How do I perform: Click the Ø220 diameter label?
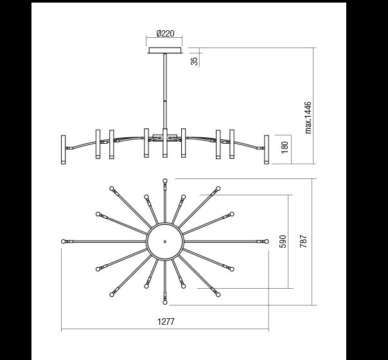pyautogui.click(x=165, y=33)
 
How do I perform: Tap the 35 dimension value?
pyautogui.click(x=195, y=61)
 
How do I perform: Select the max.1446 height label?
pyautogui.click(x=308, y=117)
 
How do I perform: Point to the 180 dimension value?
pyautogui.click(x=285, y=148)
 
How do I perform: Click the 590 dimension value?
pyautogui.click(x=283, y=241)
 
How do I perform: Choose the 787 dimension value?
pyautogui.click(x=303, y=241)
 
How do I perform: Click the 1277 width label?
pyautogui.click(x=166, y=321)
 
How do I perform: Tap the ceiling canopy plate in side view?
pyautogui.click(x=165, y=51)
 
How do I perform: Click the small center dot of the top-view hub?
pyautogui.click(x=165, y=241)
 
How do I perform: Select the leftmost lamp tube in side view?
pyautogui.click(x=64, y=150)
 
